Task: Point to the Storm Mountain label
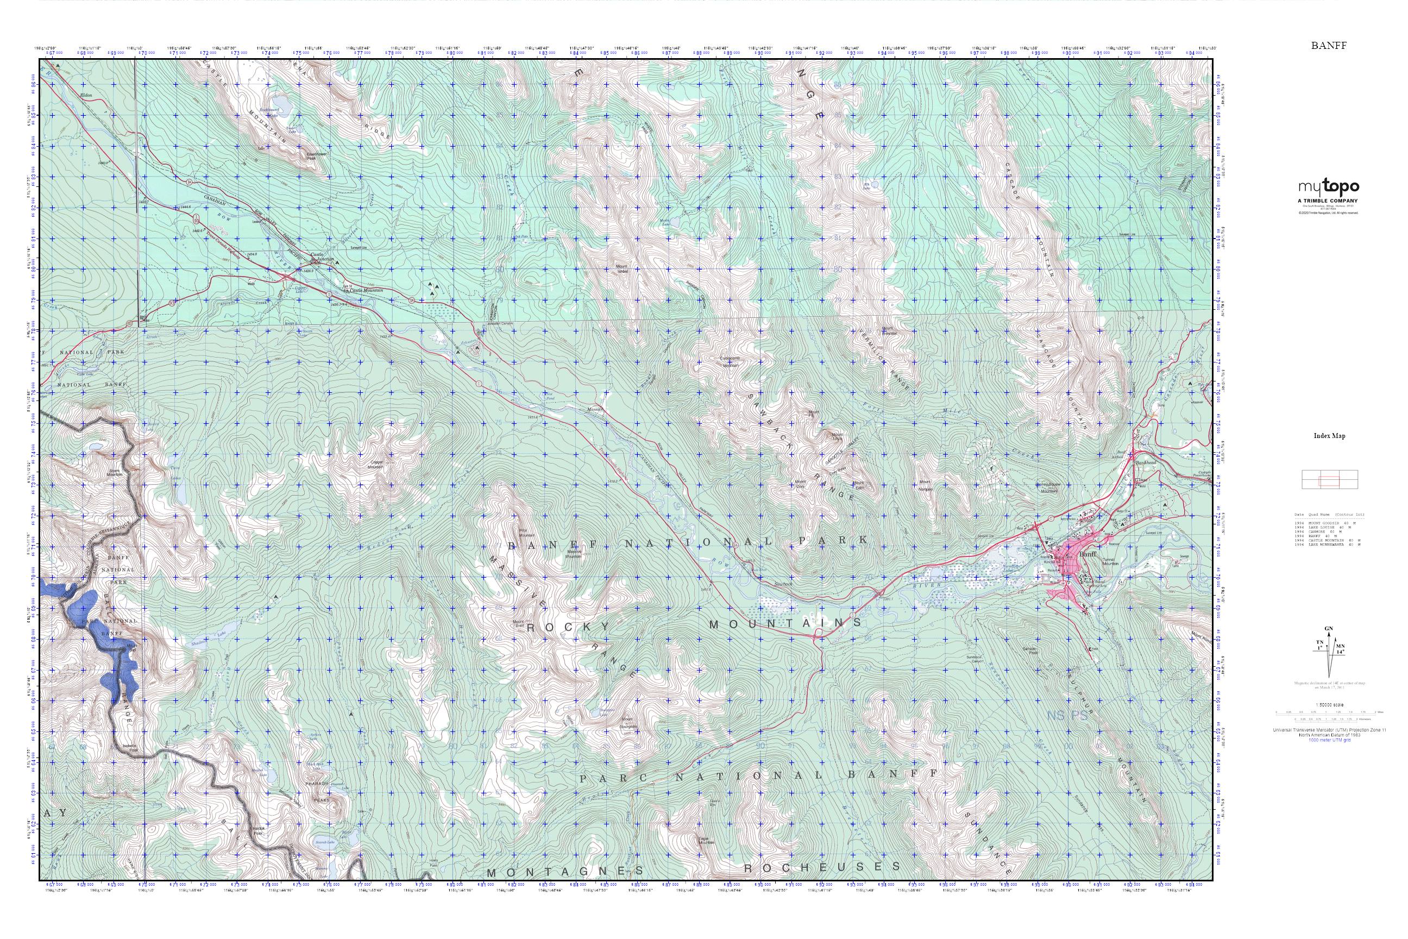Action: click(x=115, y=472)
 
